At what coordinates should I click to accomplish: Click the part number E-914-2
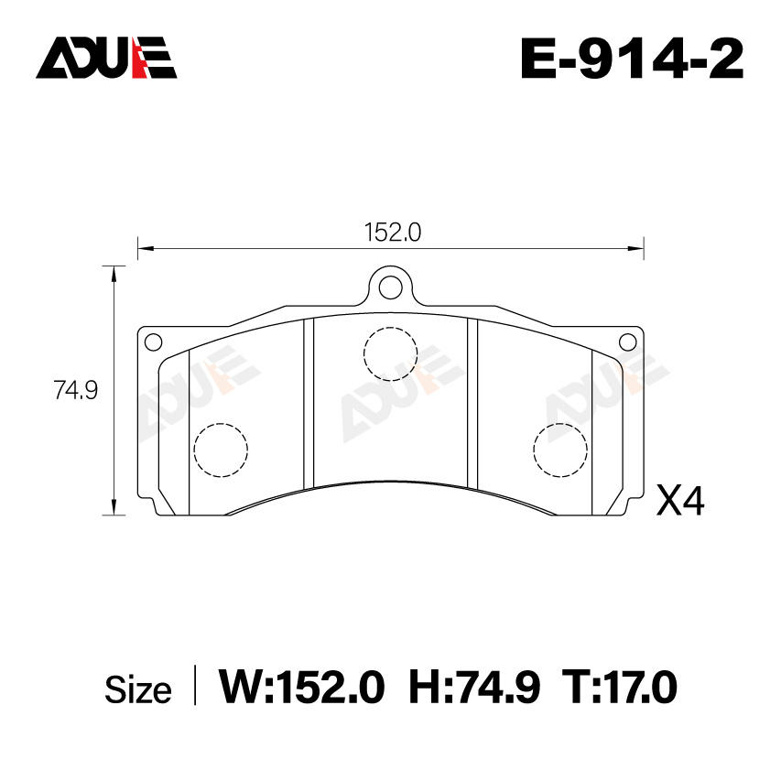tap(632, 59)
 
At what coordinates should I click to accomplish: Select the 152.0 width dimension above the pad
tap(393, 232)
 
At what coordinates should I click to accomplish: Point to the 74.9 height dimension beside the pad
tap(76, 389)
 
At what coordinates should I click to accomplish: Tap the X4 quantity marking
tap(680, 501)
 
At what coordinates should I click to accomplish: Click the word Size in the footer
tap(138, 690)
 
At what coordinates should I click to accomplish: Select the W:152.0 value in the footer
tap(302, 688)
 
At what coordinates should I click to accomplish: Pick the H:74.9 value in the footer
tap(474, 688)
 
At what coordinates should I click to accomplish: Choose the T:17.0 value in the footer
tap(620, 688)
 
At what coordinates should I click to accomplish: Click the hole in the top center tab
tap(390, 287)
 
